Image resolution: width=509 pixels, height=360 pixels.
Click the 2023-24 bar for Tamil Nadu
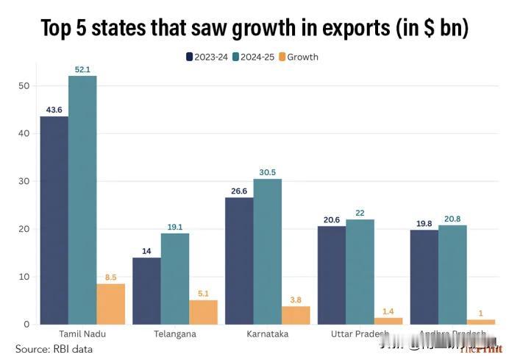[x=54, y=220]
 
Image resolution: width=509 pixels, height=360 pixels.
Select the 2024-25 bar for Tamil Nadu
[x=82, y=200]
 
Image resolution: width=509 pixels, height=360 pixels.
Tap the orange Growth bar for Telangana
[x=203, y=311]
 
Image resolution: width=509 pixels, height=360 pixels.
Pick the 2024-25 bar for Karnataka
[x=267, y=251]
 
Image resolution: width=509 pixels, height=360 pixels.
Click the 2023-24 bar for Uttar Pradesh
[x=332, y=275]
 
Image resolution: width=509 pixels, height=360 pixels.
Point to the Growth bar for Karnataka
[x=296, y=314]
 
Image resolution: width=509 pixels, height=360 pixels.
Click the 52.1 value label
[x=82, y=69]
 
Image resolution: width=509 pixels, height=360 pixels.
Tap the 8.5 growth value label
[x=110, y=278]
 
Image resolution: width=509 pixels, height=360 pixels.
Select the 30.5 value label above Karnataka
[x=267, y=172]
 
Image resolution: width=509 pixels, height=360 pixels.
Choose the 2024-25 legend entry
[x=254, y=57]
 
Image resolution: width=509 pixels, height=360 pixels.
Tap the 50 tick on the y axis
[x=24, y=86]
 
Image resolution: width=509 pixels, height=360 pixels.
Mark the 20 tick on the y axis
[x=24, y=229]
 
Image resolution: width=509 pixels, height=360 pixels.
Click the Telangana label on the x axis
[x=175, y=333]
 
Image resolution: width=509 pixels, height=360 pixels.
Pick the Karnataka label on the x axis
[x=268, y=333]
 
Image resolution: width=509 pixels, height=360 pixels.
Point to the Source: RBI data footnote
[x=54, y=348]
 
